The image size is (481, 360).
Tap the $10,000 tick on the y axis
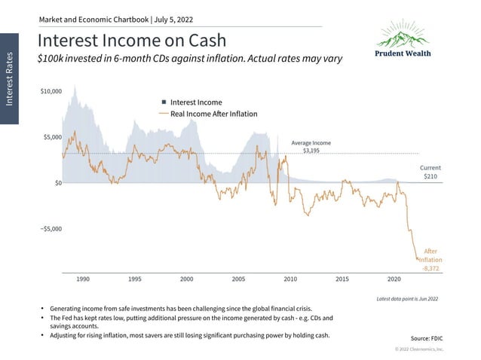pos(51,91)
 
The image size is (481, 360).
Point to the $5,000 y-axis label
pos(53,137)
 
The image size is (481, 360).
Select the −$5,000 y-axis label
pos(51,228)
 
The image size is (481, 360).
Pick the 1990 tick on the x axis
pos(84,279)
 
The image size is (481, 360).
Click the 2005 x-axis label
pos(238,279)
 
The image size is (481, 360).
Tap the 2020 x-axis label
pos(394,279)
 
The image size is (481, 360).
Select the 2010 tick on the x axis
pos(290,279)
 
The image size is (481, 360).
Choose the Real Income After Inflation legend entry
pos(213,114)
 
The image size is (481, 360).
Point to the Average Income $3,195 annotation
pos(311,147)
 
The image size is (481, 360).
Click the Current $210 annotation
pos(430,172)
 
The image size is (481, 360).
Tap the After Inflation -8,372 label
pos(430,259)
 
